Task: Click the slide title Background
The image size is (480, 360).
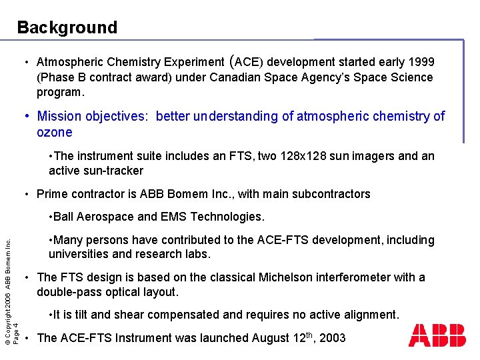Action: pos(67,27)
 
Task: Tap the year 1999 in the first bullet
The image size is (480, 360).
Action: pos(421,62)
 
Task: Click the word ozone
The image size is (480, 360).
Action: pos(55,132)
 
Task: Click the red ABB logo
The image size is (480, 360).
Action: pos(437,335)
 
